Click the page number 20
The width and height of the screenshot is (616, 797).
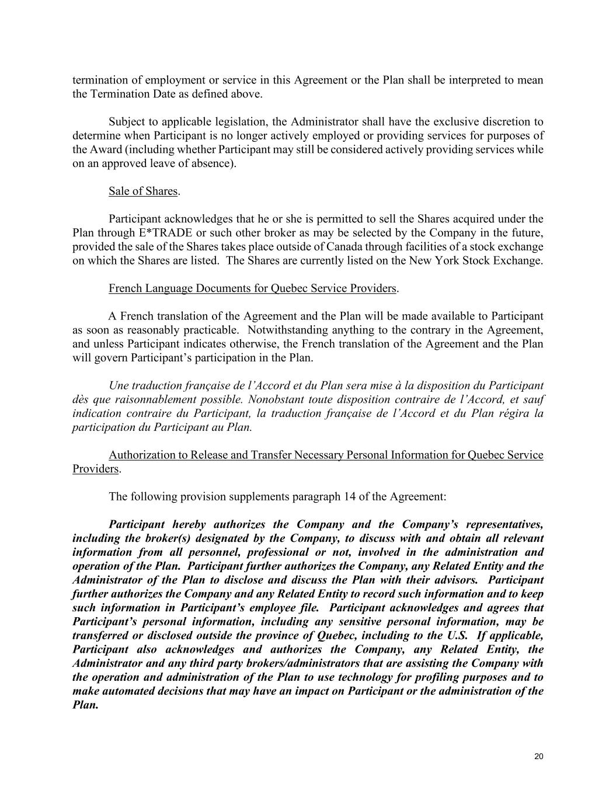click(x=538, y=757)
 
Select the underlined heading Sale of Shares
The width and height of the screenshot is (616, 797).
click(x=142, y=191)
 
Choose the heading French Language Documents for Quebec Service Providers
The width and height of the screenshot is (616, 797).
click(x=252, y=288)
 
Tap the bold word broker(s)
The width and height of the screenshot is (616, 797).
click(x=135, y=538)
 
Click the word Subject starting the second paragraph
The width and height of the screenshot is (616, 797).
click(x=127, y=122)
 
